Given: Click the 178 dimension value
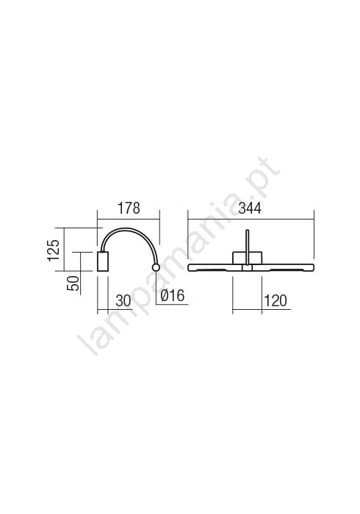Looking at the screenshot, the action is point(129,209).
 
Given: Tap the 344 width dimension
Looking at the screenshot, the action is point(250,209).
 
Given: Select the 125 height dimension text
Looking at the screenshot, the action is point(54,250).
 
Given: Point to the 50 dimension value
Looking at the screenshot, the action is point(73,283).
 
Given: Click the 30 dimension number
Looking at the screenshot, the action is point(123,300).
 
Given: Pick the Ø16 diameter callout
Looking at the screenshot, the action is point(173,296).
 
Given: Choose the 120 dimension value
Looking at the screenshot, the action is point(275,300).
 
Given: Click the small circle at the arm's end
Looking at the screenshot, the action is point(156,268).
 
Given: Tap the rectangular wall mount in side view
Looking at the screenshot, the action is point(103,261).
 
